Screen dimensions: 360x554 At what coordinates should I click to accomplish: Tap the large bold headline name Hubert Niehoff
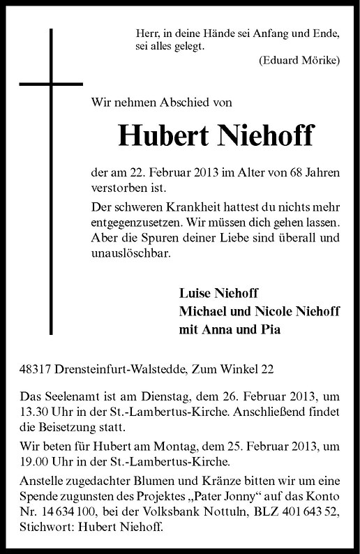pyautogui.click(x=217, y=136)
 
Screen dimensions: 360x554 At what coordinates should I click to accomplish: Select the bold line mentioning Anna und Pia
pyautogui.click(x=230, y=329)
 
